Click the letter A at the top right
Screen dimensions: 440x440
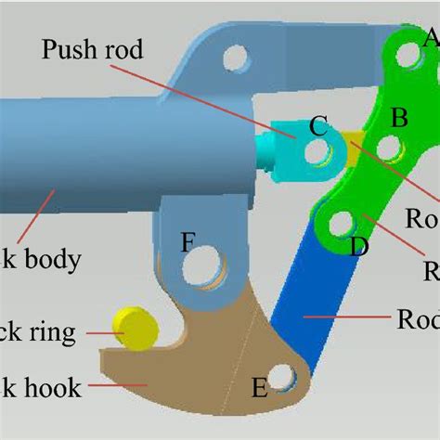(x=430, y=38)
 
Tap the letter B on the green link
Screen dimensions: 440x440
(x=400, y=118)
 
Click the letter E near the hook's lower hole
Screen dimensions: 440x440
(x=260, y=385)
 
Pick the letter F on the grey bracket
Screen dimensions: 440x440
(x=188, y=242)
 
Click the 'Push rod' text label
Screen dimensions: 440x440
(x=93, y=49)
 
